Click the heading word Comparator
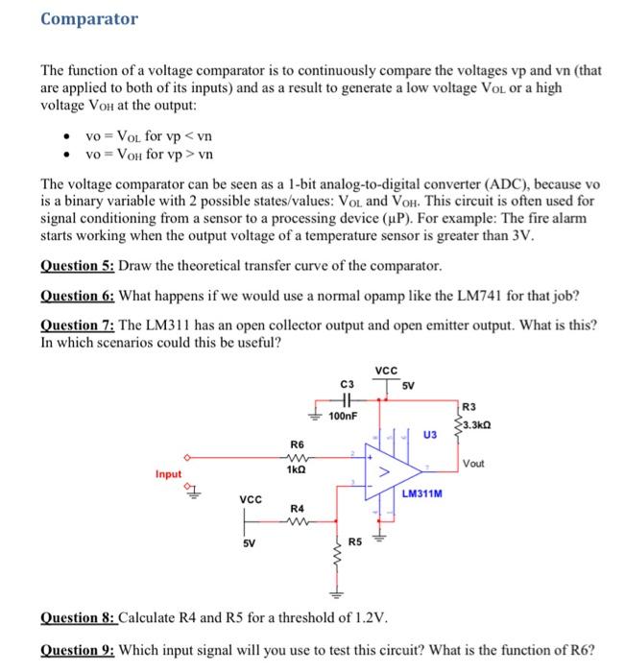(89, 19)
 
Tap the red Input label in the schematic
(169, 474)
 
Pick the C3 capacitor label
(347, 384)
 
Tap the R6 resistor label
(297, 444)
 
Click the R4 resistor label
(297, 507)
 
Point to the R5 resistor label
(355, 542)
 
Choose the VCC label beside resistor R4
(250, 499)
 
